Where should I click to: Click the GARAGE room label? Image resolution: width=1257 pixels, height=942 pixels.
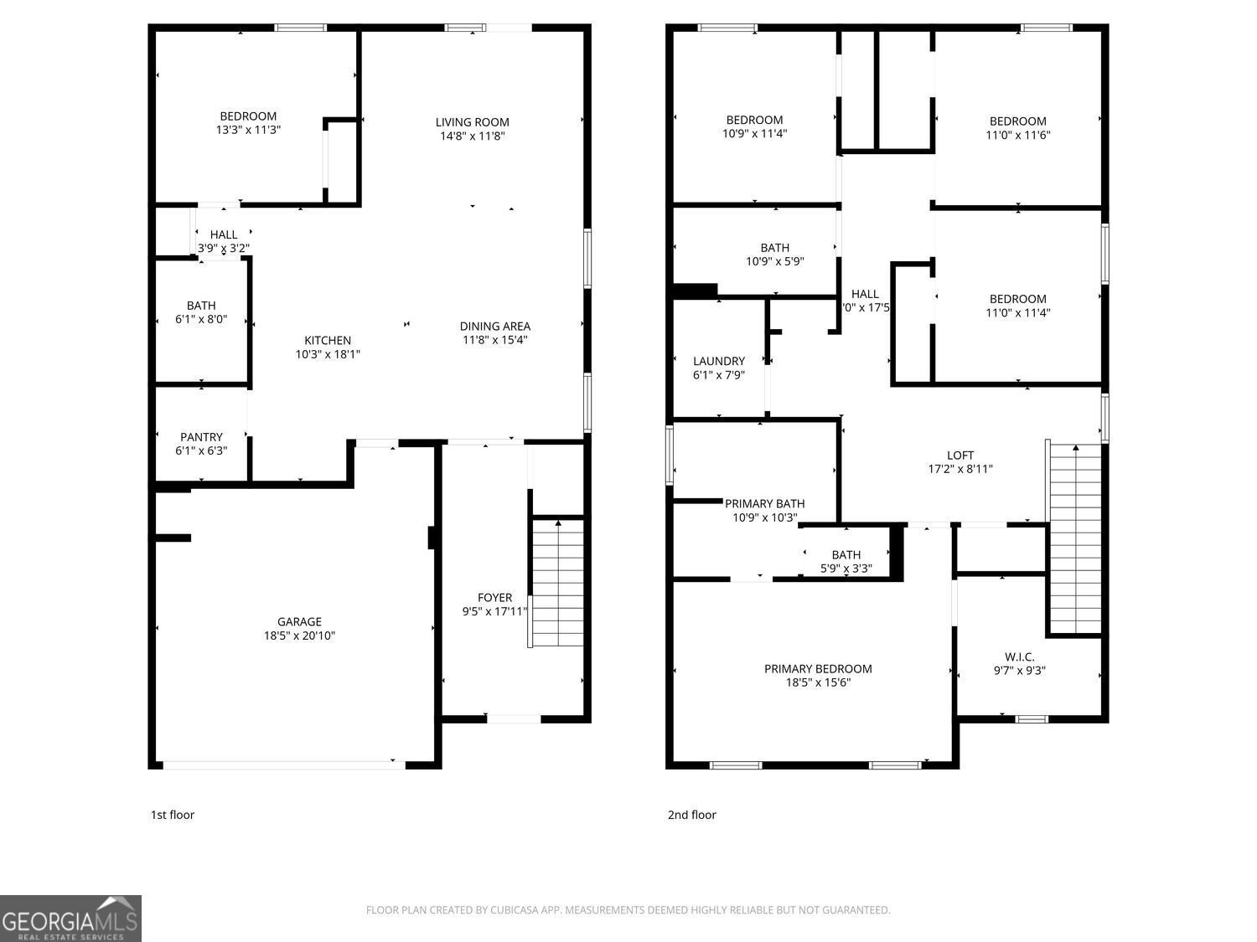click(x=299, y=621)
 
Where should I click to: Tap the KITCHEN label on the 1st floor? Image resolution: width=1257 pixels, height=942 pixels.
click(x=328, y=340)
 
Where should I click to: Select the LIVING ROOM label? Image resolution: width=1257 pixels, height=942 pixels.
click(x=472, y=122)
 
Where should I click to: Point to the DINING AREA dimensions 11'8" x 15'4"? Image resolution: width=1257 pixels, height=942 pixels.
click(x=494, y=340)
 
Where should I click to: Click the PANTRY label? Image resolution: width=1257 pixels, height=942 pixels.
click(x=201, y=437)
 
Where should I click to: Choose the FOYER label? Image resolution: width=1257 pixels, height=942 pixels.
click(x=494, y=598)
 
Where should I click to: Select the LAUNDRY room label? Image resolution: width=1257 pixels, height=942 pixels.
click(x=719, y=361)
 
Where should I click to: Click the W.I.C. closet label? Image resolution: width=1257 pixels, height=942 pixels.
click(x=1020, y=656)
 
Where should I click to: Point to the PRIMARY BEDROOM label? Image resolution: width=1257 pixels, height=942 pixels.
click(x=818, y=668)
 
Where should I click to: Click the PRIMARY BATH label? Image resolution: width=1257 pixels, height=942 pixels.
click(x=764, y=503)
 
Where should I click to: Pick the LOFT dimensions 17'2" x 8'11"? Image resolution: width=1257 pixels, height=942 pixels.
click(x=960, y=469)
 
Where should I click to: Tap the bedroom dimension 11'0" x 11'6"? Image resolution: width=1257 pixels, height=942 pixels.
click(x=1017, y=135)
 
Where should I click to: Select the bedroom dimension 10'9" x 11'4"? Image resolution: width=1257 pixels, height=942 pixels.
click(x=754, y=133)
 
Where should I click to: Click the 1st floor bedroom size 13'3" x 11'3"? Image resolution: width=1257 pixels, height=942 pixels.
click(x=248, y=130)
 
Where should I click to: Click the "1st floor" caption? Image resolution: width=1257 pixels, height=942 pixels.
click(x=173, y=815)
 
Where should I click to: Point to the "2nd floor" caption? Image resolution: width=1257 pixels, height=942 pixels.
click(x=691, y=815)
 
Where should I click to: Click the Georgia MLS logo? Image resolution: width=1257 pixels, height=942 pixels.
click(x=70, y=919)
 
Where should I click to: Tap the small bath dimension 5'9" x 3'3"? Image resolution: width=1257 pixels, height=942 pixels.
click(x=846, y=569)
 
